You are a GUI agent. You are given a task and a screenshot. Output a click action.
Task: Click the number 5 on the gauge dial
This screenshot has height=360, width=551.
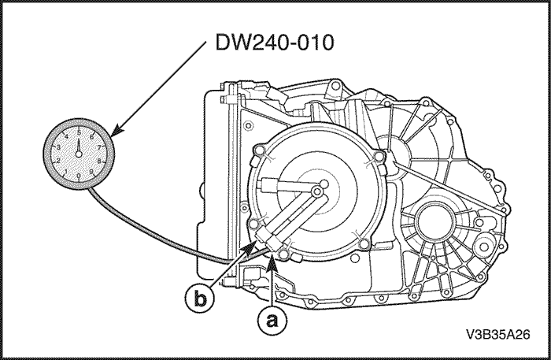(79, 133)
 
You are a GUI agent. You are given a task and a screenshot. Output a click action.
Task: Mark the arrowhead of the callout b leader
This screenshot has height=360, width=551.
(254, 246)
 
